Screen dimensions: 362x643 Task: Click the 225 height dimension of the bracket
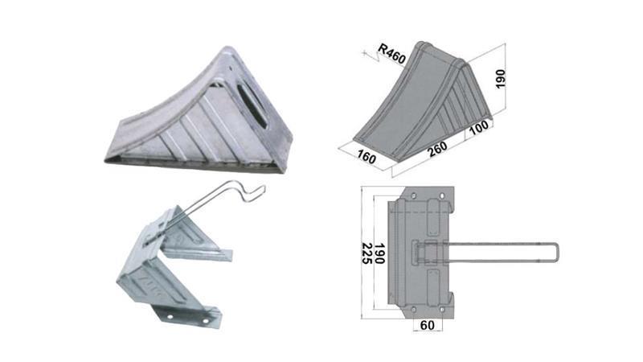click(367, 257)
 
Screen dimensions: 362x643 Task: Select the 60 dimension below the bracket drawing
click(427, 325)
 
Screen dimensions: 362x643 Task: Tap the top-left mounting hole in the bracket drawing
click(416, 195)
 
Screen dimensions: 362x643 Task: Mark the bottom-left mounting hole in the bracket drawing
click(415, 309)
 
